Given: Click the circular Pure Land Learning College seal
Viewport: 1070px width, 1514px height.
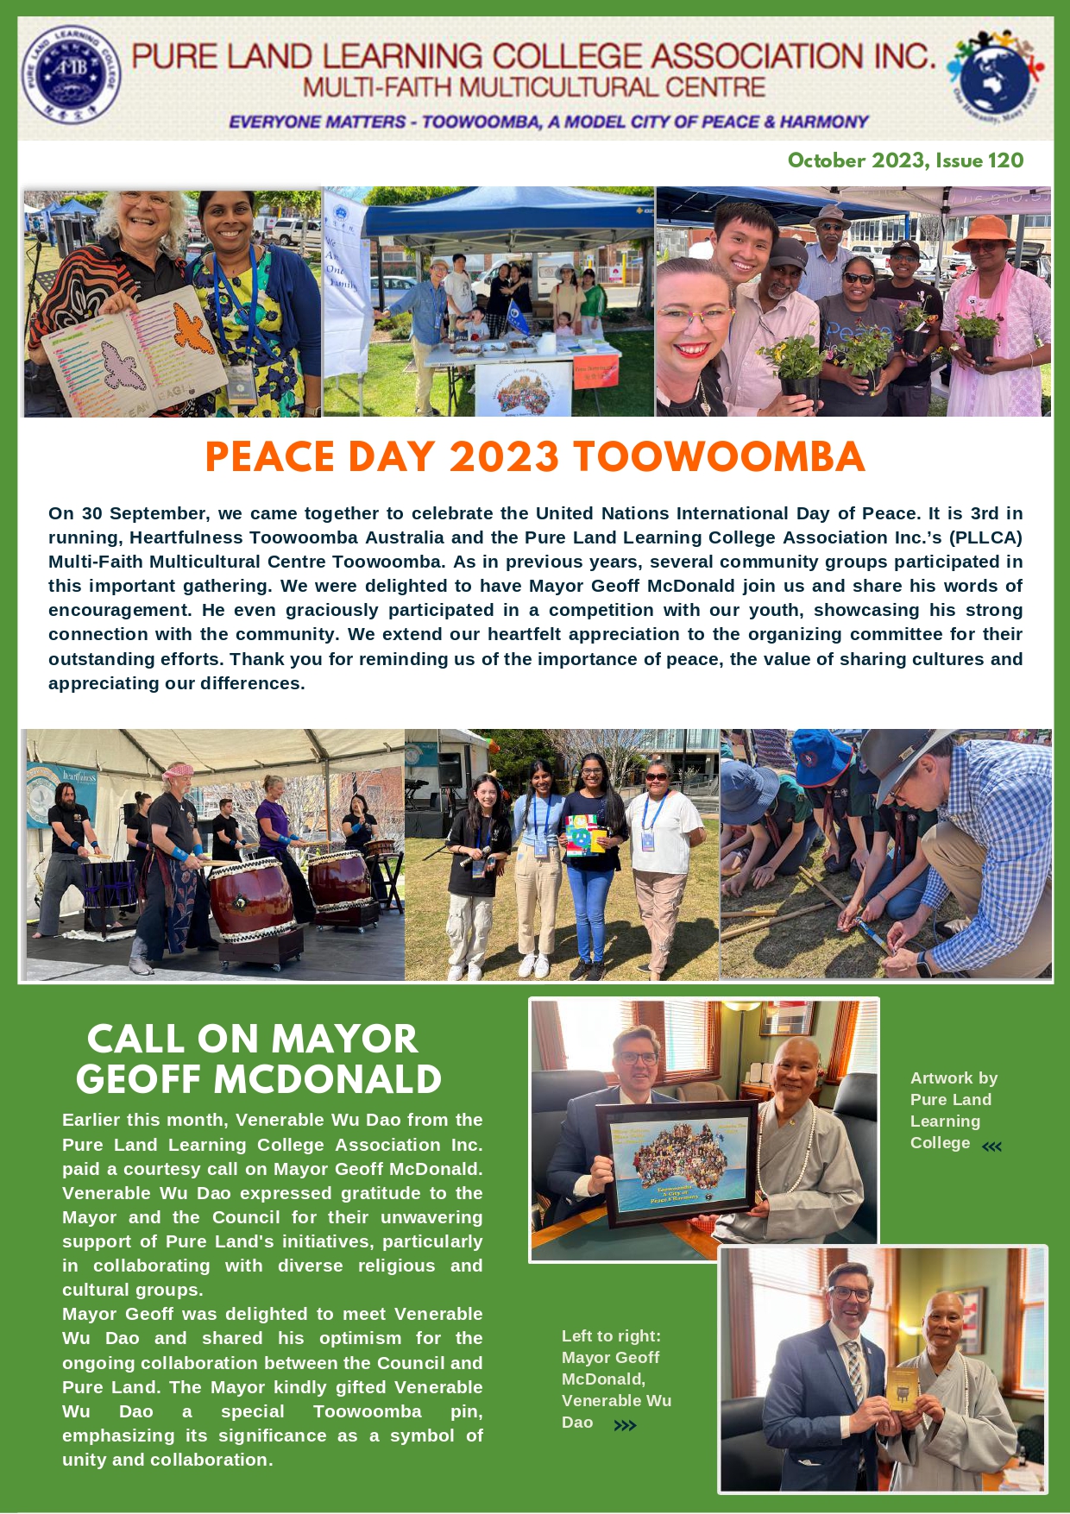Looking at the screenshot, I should tap(71, 75).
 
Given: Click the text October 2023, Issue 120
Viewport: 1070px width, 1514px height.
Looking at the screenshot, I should tap(905, 161).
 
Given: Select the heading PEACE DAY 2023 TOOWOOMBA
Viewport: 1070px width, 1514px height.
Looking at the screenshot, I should tap(534, 457).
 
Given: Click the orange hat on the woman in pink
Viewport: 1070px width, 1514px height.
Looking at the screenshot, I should tap(983, 231).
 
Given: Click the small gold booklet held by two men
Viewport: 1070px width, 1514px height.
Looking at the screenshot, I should tap(903, 1386).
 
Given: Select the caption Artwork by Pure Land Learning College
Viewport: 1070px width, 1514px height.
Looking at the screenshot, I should tap(953, 1110).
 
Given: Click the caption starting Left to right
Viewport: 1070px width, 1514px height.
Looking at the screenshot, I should tap(615, 1378).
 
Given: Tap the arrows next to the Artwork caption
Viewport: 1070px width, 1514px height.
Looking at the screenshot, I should tap(992, 1146).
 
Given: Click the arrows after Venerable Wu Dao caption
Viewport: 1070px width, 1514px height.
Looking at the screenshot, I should tap(625, 1426).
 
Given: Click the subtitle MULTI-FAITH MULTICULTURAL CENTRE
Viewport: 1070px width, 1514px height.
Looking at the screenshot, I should tap(534, 88).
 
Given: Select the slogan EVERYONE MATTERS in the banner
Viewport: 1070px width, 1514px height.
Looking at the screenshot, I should tap(316, 123).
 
